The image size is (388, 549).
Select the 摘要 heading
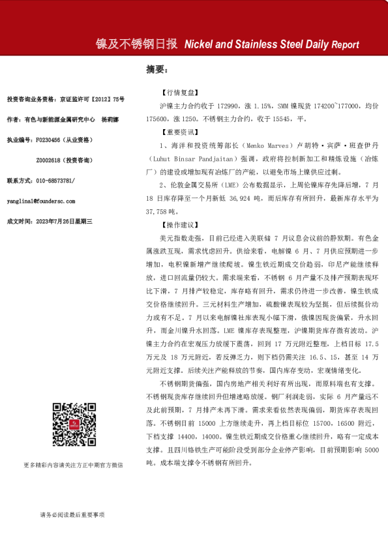(157, 69)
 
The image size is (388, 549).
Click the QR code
(72, 443)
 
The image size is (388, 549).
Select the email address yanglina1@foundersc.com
(40, 201)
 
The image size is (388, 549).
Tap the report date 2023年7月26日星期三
(63, 222)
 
